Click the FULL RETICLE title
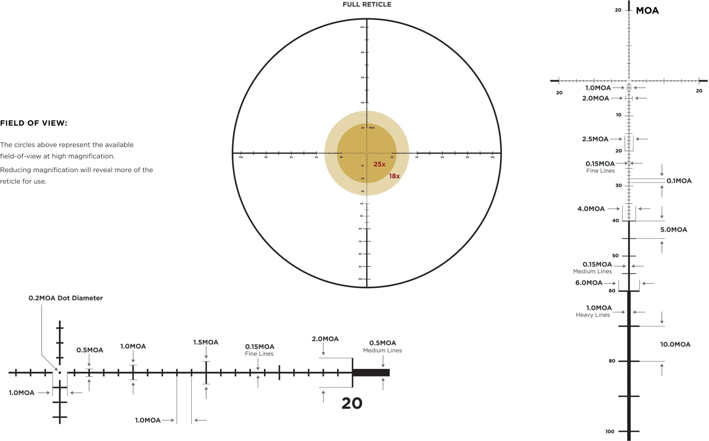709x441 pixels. pos(367,4)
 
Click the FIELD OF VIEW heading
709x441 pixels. pos(34,123)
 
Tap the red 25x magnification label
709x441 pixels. pos(379,164)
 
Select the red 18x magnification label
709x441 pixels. pos(394,176)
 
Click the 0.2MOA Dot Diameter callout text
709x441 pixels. pos(66,298)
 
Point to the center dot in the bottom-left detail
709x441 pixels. pos(60,373)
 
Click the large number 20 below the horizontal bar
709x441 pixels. pos(352,403)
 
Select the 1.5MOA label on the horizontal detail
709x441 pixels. pos(206,342)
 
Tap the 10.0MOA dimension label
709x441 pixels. pos(675,345)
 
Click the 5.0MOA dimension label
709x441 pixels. pos(674,230)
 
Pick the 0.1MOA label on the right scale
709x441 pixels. pos(679,181)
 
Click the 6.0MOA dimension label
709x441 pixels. pos(589,283)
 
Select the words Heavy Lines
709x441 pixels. pos(593,315)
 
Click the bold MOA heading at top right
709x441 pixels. pos(647,11)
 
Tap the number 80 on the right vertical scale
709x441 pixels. pos(612,361)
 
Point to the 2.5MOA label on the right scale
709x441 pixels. pos(595,139)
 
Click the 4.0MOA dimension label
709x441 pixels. pos(591,209)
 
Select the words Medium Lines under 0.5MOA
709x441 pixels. pos(382,351)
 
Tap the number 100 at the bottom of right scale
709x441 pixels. pos(610,431)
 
